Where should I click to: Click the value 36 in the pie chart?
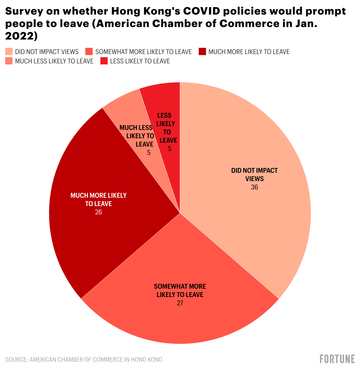click(x=254, y=187)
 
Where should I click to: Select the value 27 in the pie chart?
click(x=180, y=303)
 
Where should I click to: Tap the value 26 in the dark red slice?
click(x=98, y=212)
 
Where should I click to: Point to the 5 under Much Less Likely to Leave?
click(x=149, y=153)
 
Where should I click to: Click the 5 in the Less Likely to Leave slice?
click(x=170, y=149)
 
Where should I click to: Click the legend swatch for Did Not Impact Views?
click(x=9, y=51)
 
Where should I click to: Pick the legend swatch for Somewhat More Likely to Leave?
click(x=89, y=51)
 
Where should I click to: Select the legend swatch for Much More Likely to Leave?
click(x=202, y=51)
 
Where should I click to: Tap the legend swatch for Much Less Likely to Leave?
click(x=9, y=61)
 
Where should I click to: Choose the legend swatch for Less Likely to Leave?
click(x=104, y=61)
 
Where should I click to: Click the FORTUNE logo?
click(x=337, y=359)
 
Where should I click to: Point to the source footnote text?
click(x=84, y=360)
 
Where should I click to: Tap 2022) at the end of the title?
click(x=21, y=36)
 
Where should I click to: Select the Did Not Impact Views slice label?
click(x=254, y=175)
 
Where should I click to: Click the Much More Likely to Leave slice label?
click(x=98, y=200)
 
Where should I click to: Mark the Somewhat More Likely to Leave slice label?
click(x=180, y=290)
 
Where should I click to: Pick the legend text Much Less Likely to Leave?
click(x=54, y=61)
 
